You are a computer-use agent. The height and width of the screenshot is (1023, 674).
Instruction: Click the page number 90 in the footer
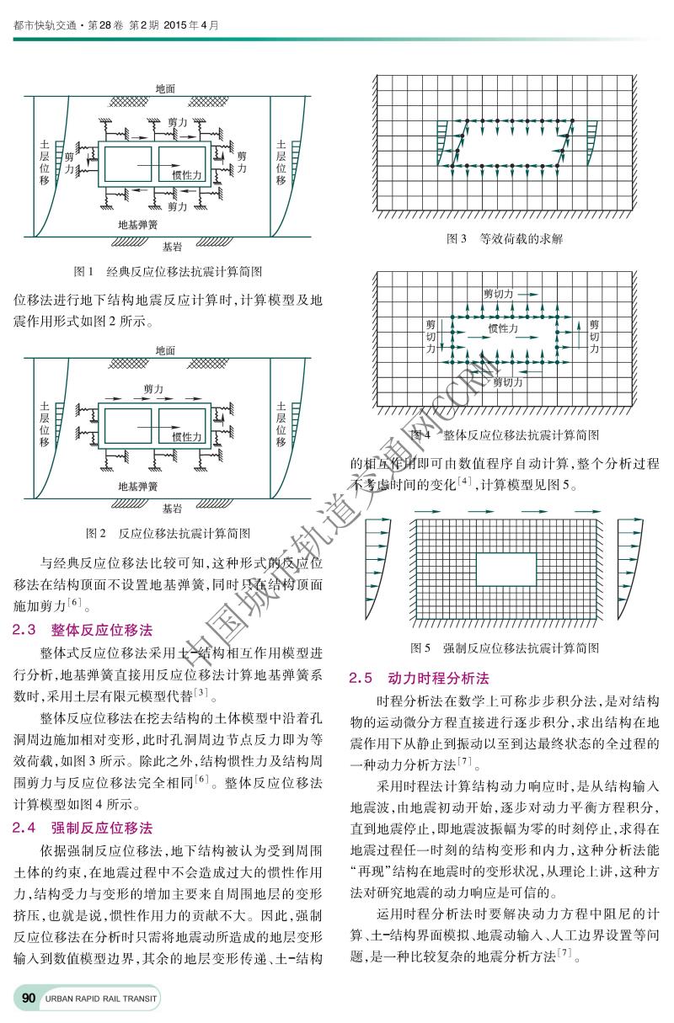(28, 998)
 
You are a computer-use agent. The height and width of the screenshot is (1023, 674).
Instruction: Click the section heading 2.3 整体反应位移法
(83, 629)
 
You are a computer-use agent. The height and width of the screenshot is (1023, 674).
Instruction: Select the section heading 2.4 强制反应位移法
(83, 828)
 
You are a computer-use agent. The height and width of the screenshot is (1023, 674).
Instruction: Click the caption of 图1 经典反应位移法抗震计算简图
(168, 272)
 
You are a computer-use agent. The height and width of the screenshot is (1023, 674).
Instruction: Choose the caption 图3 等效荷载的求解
(505, 239)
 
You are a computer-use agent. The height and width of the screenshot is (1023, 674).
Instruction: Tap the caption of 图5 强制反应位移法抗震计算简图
(505, 647)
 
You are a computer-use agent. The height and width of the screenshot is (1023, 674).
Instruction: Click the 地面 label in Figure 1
(166, 88)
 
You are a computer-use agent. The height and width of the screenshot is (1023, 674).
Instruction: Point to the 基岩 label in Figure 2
(172, 509)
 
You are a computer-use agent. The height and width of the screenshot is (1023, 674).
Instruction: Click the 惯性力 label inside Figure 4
(503, 328)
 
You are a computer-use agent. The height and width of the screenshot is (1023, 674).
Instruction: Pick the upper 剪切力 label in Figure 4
(499, 295)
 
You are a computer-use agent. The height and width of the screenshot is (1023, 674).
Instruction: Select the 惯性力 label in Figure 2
(187, 437)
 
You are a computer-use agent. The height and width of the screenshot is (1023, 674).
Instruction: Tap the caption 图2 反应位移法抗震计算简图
(168, 533)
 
